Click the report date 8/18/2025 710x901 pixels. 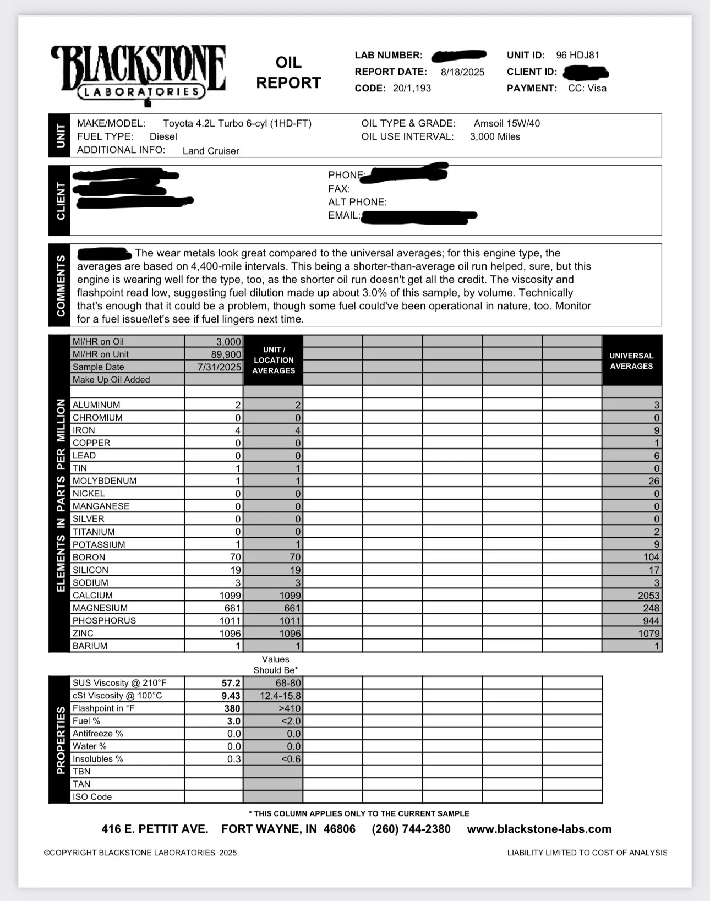462,72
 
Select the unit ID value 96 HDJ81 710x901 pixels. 577,55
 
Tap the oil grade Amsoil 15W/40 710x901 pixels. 506,123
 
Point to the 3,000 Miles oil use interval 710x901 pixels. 495,136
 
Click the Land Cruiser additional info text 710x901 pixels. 211,151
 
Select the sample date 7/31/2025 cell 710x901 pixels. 219,367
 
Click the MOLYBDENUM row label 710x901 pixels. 105,481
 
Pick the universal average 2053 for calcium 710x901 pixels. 648,596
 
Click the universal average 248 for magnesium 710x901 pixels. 651,608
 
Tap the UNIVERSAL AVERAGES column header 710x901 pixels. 631,361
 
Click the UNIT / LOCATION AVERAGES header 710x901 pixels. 274,361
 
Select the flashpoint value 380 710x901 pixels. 232,708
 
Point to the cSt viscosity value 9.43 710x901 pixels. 231,696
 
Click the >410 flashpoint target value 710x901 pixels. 290,708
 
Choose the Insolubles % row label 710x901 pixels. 98,759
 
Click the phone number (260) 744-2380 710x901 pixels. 411,829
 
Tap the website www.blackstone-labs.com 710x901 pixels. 539,829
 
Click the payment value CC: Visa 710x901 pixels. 587,88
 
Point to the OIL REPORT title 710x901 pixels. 288,73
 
